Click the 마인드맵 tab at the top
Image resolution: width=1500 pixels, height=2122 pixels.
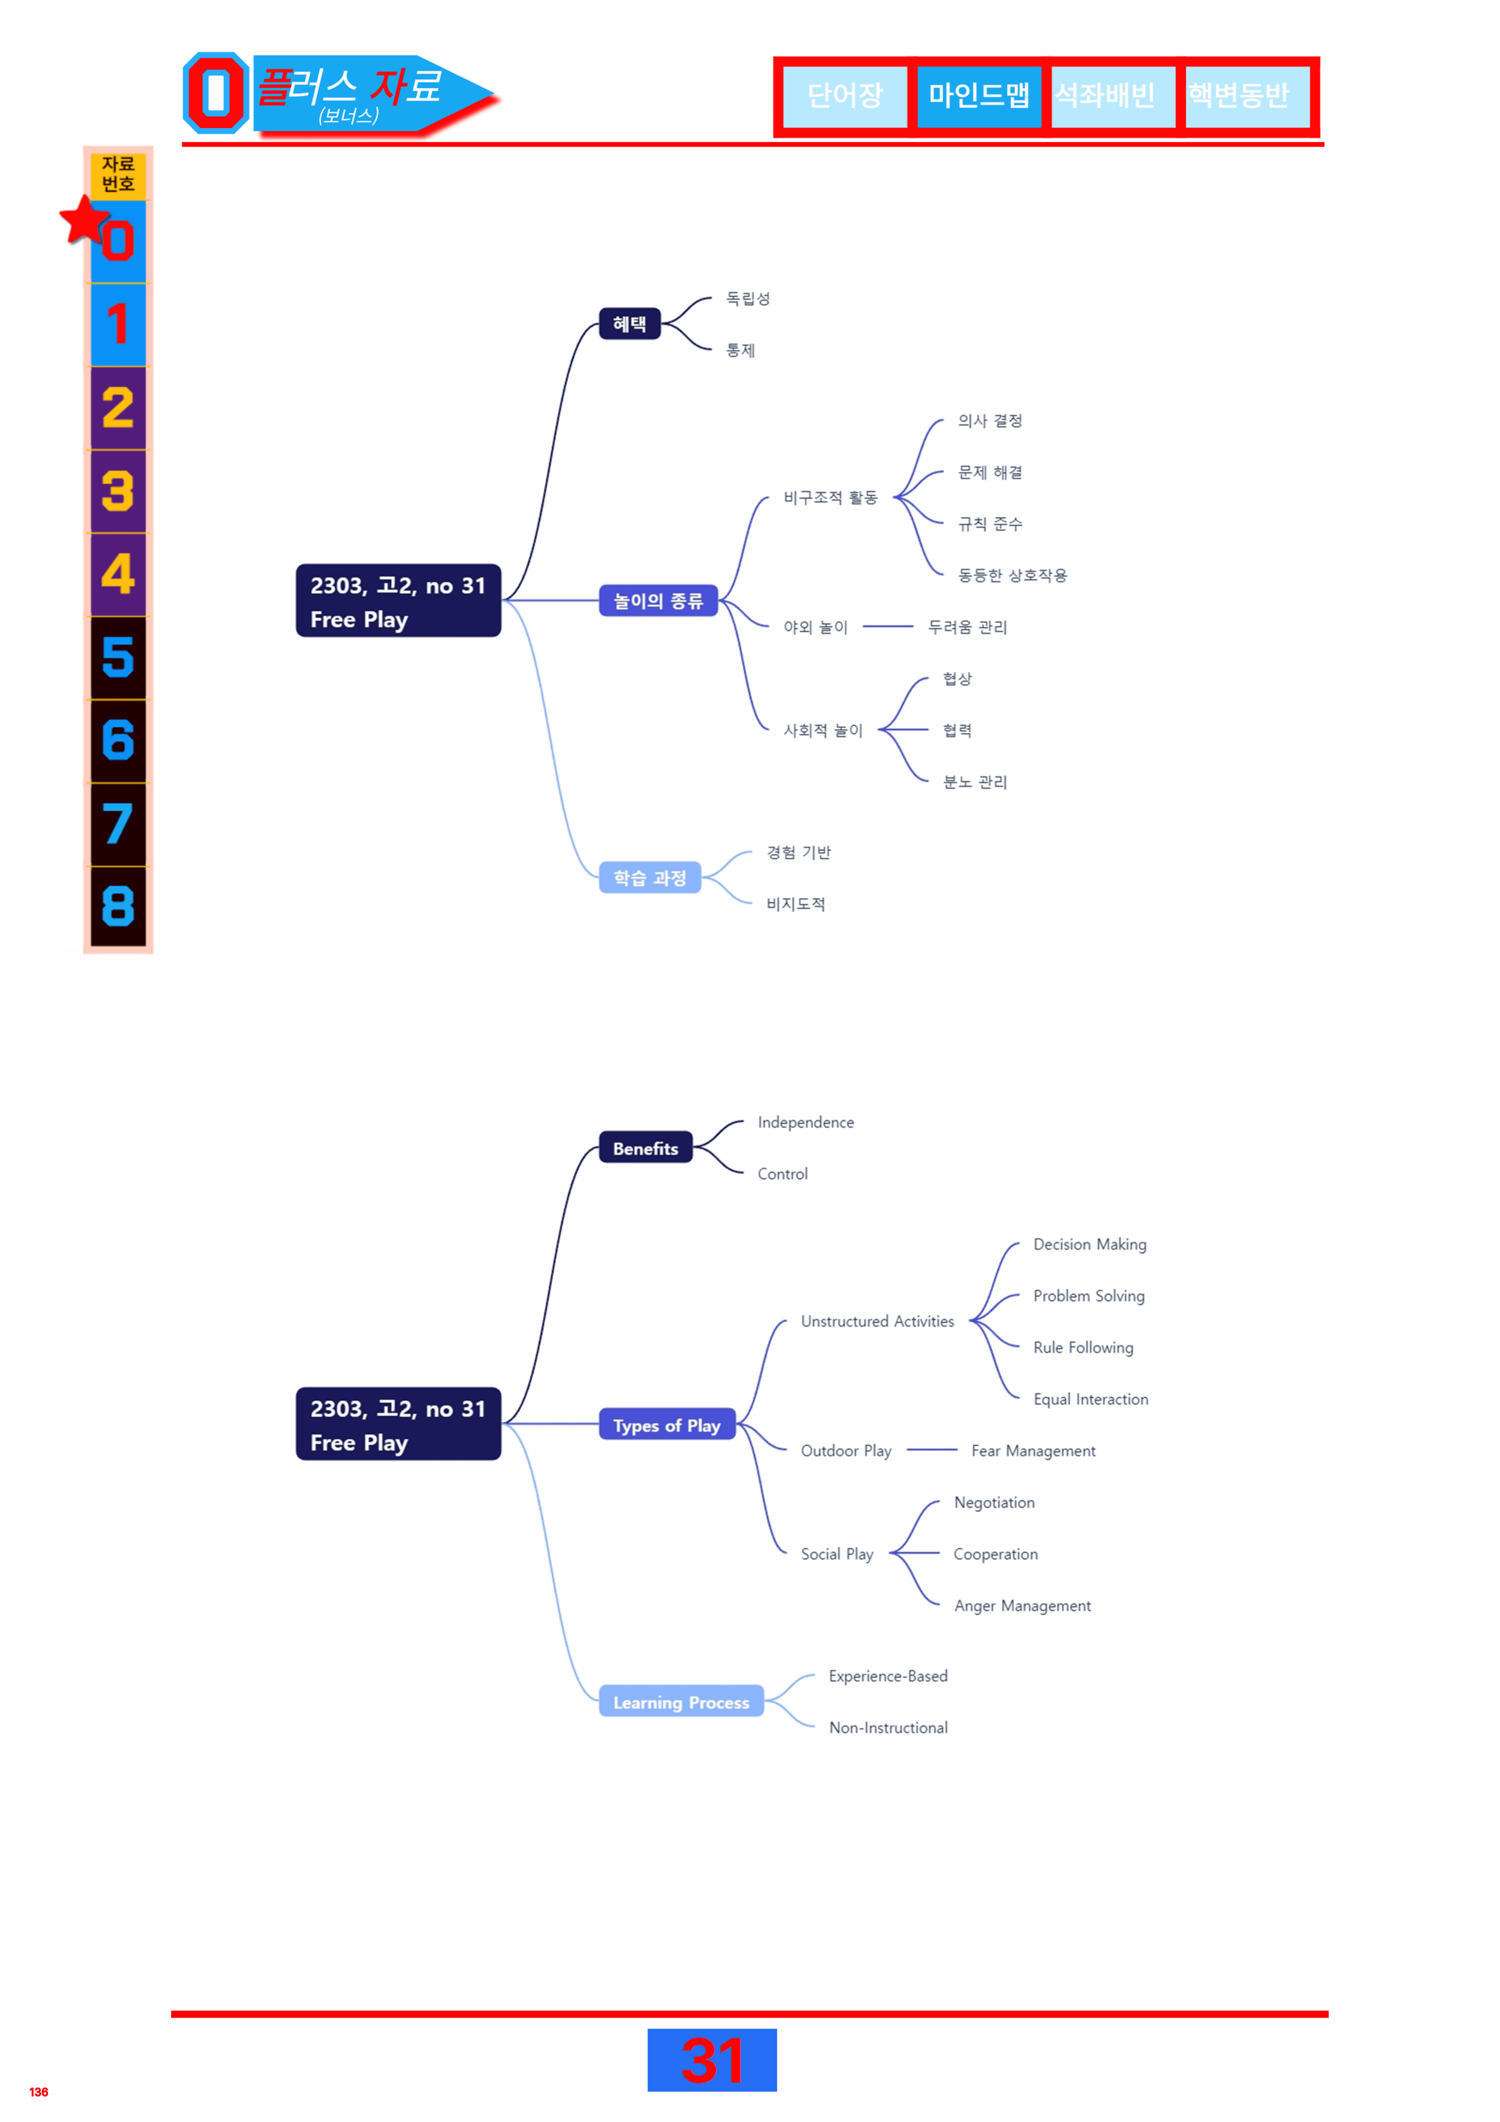point(979,95)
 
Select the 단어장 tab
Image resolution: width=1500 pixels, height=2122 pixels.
point(845,95)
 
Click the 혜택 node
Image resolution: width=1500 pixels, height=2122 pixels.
point(629,323)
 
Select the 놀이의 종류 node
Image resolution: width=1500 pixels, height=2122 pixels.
point(658,601)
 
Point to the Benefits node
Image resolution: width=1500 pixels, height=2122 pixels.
point(645,1148)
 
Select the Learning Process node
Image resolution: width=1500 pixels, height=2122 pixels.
point(681,1702)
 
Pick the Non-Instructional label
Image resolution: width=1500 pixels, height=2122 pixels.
point(888,1727)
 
